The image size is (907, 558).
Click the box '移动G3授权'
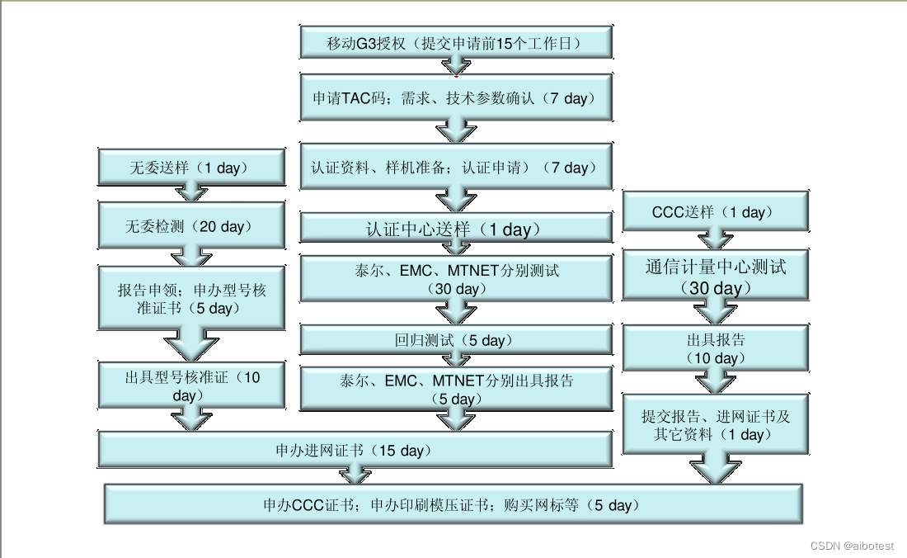(x=455, y=44)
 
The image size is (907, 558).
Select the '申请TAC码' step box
(x=455, y=98)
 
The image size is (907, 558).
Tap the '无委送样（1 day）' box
(x=190, y=168)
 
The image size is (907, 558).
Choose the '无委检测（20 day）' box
(x=190, y=225)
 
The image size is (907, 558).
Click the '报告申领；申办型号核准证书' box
(x=190, y=299)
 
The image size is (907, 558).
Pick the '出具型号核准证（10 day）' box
(x=190, y=385)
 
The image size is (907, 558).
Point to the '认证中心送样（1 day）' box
(x=455, y=229)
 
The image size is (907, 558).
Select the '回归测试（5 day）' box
(x=455, y=340)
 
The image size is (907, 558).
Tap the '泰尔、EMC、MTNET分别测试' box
(x=455, y=278)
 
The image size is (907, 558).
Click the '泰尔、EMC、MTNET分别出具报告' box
(x=455, y=389)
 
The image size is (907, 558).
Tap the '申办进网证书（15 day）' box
(x=355, y=451)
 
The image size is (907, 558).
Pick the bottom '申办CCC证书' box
(x=452, y=504)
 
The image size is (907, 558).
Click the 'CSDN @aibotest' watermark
(x=852, y=546)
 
